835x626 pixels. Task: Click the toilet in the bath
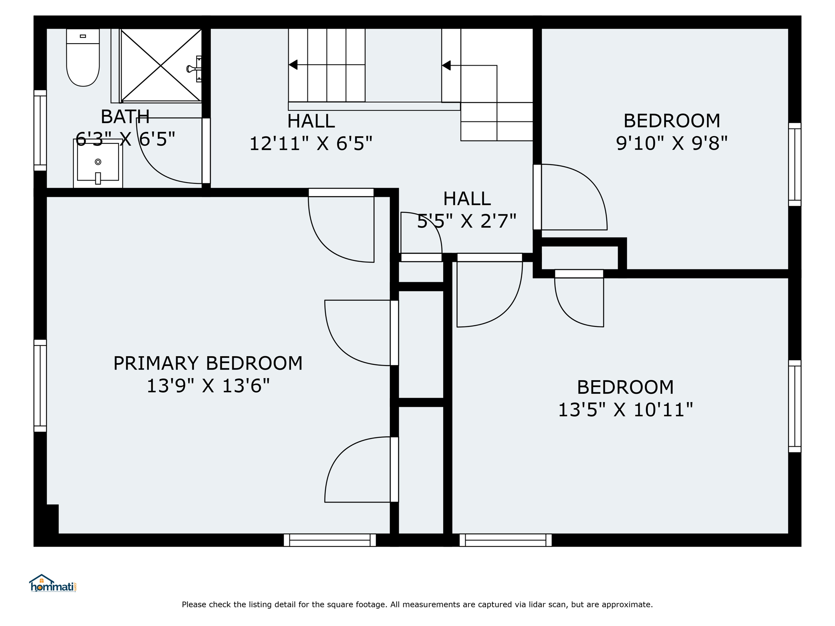pos(83,57)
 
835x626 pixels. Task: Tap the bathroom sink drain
pos(98,162)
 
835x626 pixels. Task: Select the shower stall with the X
pos(161,65)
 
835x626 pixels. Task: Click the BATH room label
pos(125,117)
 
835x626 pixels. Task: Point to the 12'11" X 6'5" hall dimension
pos(311,143)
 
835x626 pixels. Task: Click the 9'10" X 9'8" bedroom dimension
pos(672,143)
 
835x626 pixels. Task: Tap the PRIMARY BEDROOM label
pos(208,363)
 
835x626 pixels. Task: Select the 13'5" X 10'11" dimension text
pos(625,410)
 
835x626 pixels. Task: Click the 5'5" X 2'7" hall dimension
pos(467,221)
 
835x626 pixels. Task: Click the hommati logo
pos(53,583)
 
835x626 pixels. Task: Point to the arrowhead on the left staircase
pos(293,65)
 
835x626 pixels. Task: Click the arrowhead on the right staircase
pos(446,65)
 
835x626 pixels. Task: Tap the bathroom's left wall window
pos(40,130)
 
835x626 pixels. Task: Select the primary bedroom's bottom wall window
pos(330,540)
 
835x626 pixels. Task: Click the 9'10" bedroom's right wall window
pos(795,164)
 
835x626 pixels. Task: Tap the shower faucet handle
pos(192,69)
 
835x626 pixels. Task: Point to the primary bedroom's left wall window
pos(40,386)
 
